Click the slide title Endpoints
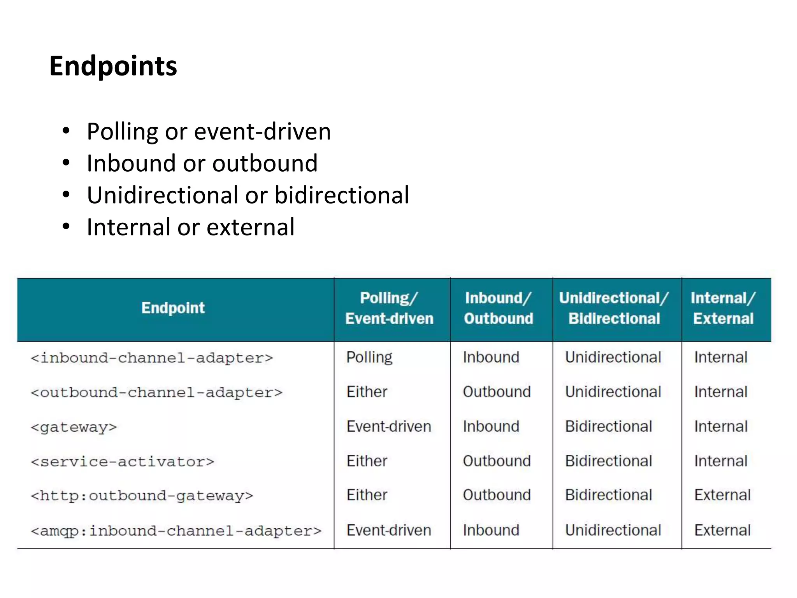tap(113, 66)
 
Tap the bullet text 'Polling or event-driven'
tap(209, 132)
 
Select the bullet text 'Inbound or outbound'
tap(202, 163)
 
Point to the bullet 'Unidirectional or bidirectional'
tap(248, 195)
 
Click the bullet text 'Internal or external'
tap(191, 227)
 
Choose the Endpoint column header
tap(173, 308)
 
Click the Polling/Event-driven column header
tap(389, 308)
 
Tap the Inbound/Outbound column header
tap(499, 308)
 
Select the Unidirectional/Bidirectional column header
tap(614, 308)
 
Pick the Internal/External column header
tap(723, 308)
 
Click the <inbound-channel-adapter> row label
tap(152, 358)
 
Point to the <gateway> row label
tap(74, 427)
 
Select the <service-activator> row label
tap(123, 462)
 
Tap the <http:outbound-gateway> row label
tap(142, 496)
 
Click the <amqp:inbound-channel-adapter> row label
tap(176, 531)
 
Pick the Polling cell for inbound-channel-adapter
tap(369, 357)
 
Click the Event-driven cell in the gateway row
tap(389, 426)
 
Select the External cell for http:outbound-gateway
tap(722, 495)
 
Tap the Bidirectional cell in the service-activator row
tap(609, 461)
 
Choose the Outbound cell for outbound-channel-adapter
tap(497, 392)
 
